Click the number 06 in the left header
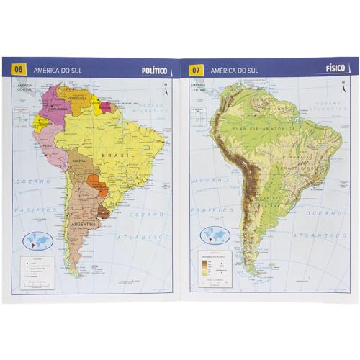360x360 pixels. tap(19, 69)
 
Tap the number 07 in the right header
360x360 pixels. tap(195, 70)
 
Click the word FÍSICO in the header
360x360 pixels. tap(336, 68)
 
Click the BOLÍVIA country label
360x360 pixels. tap(78, 161)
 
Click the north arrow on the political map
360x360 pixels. tap(165, 89)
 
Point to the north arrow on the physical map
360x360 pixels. tap(341, 89)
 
